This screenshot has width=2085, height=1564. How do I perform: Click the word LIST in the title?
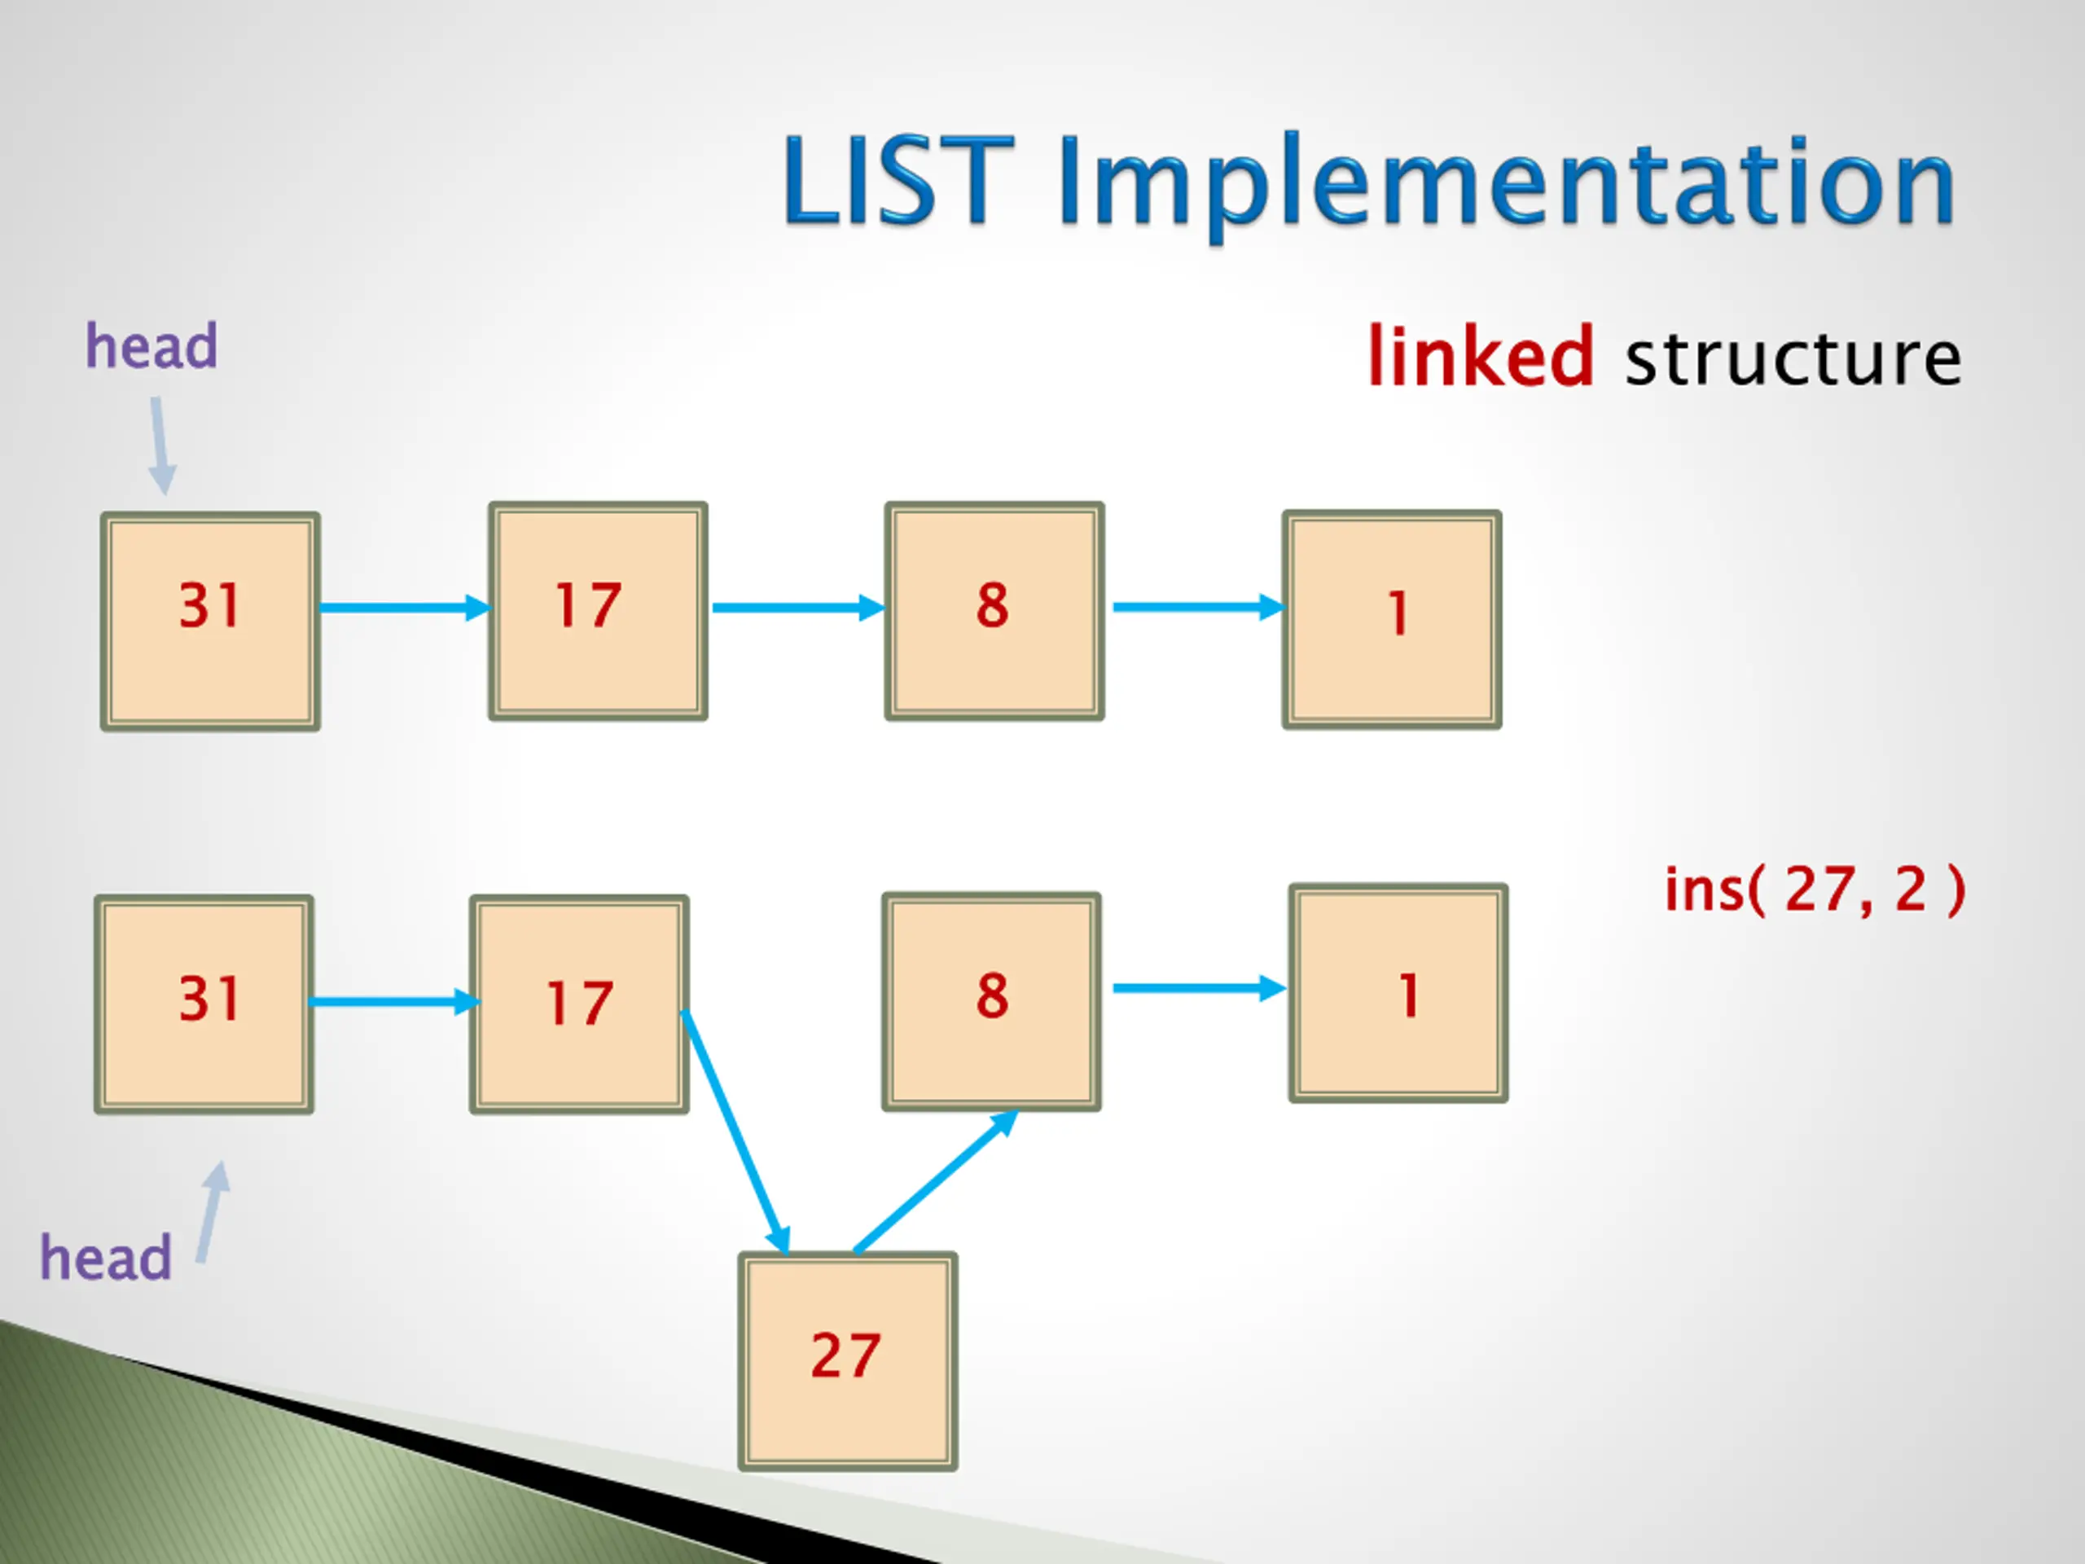[898, 181]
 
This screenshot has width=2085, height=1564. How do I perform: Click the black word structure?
[1793, 358]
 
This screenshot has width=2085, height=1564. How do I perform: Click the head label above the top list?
[151, 346]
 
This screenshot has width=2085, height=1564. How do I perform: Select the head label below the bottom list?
[106, 1258]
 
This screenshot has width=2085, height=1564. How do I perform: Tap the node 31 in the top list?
[210, 622]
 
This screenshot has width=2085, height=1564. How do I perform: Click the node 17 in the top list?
[598, 611]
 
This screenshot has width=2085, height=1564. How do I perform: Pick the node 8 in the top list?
[994, 611]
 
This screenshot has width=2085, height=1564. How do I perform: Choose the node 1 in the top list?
[1391, 619]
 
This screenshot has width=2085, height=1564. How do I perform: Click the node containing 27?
[847, 1361]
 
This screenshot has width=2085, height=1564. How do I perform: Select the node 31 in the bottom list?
[204, 1004]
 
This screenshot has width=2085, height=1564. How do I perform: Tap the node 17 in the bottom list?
[579, 1004]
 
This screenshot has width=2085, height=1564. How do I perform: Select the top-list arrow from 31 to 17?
[404, 607]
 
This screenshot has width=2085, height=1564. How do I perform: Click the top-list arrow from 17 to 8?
[797, 607]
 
